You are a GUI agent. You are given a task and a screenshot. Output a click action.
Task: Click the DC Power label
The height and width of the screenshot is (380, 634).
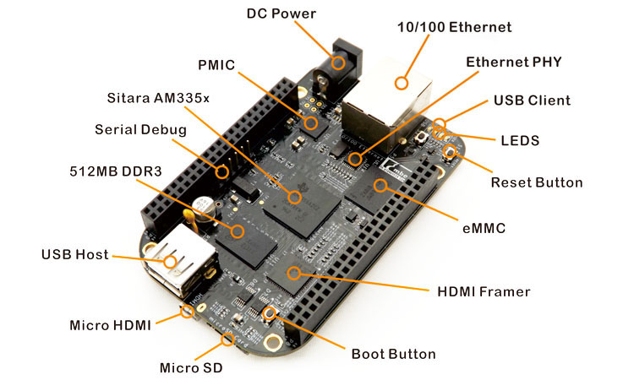tap(282, 14)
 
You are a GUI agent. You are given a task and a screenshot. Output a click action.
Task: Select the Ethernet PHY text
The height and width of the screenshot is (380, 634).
tap(514, 62)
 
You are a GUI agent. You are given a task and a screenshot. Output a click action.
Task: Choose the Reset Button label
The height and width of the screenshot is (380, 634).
tap(537, 182)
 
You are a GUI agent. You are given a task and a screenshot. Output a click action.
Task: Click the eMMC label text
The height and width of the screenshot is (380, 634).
tap(484, 228)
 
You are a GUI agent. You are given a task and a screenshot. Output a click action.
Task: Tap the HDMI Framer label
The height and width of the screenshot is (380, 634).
tap(484, 291)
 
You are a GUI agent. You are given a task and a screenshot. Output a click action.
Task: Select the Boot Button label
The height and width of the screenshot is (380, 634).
tap(394, 354)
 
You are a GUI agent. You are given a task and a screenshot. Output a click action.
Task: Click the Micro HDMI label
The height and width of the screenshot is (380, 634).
tap(110, 324)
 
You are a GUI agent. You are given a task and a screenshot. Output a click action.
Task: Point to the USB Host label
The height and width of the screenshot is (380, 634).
tap(75, 253)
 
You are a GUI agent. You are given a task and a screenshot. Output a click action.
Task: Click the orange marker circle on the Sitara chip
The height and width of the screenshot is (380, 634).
tap(294, 198)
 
